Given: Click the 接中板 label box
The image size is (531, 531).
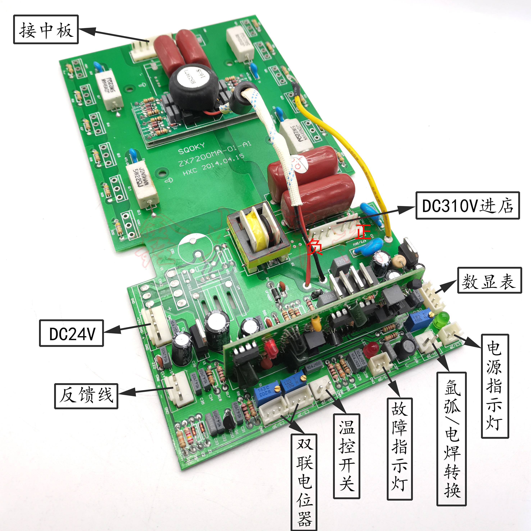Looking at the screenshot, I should point(46,29).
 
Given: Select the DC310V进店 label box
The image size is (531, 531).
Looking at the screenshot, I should point(467,205).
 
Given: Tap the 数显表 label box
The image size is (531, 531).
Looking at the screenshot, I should point(489,280).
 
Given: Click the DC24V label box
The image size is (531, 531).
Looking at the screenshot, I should point(71,333).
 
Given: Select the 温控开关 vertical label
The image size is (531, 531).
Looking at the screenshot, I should point(346,456).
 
